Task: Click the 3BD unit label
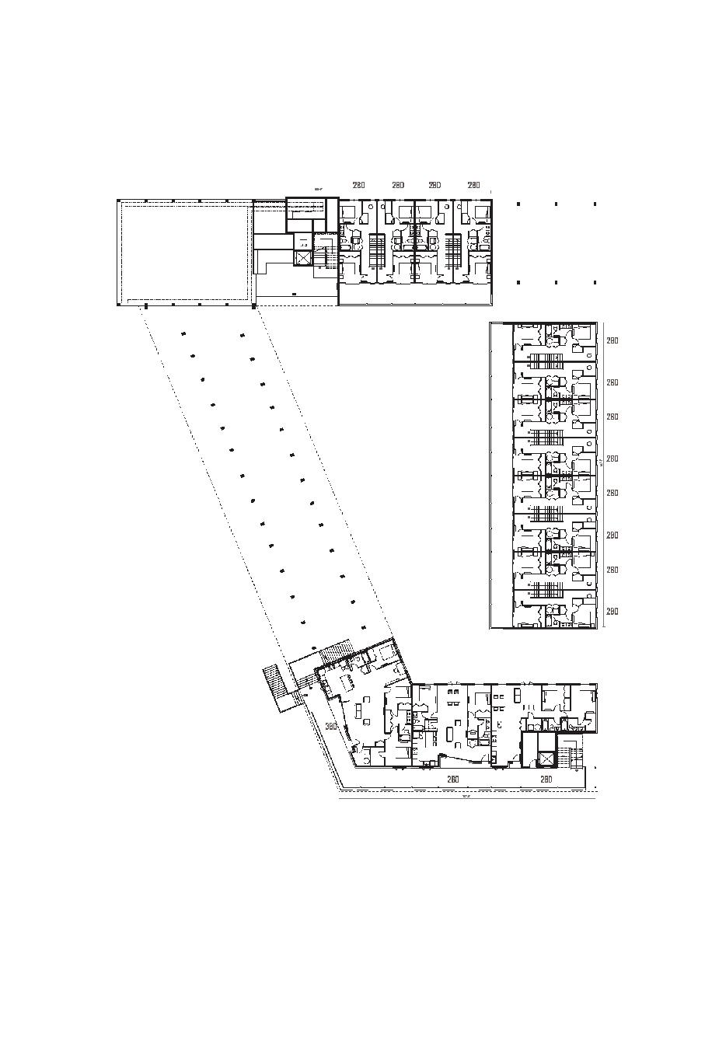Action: (x=330, y=727)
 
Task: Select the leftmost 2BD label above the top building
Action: (x=358, y=185)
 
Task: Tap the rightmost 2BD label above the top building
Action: (x=473, y=185)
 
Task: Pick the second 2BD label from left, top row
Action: (x=397, y=185)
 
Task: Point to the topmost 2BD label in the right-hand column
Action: (x=613, y=340)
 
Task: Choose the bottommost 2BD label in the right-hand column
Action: (x=613, y=612)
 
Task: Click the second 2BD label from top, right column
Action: (x=613, y=382)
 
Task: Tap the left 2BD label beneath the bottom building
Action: (x=452, y=779)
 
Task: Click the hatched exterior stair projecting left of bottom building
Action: (x=274, y=686)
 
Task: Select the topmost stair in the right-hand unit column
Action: (x=546, y=361)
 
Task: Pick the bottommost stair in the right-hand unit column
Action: (x=546, y=596)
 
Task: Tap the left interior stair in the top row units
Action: (x=377, y=250)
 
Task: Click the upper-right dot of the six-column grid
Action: (x=595, y=204)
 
